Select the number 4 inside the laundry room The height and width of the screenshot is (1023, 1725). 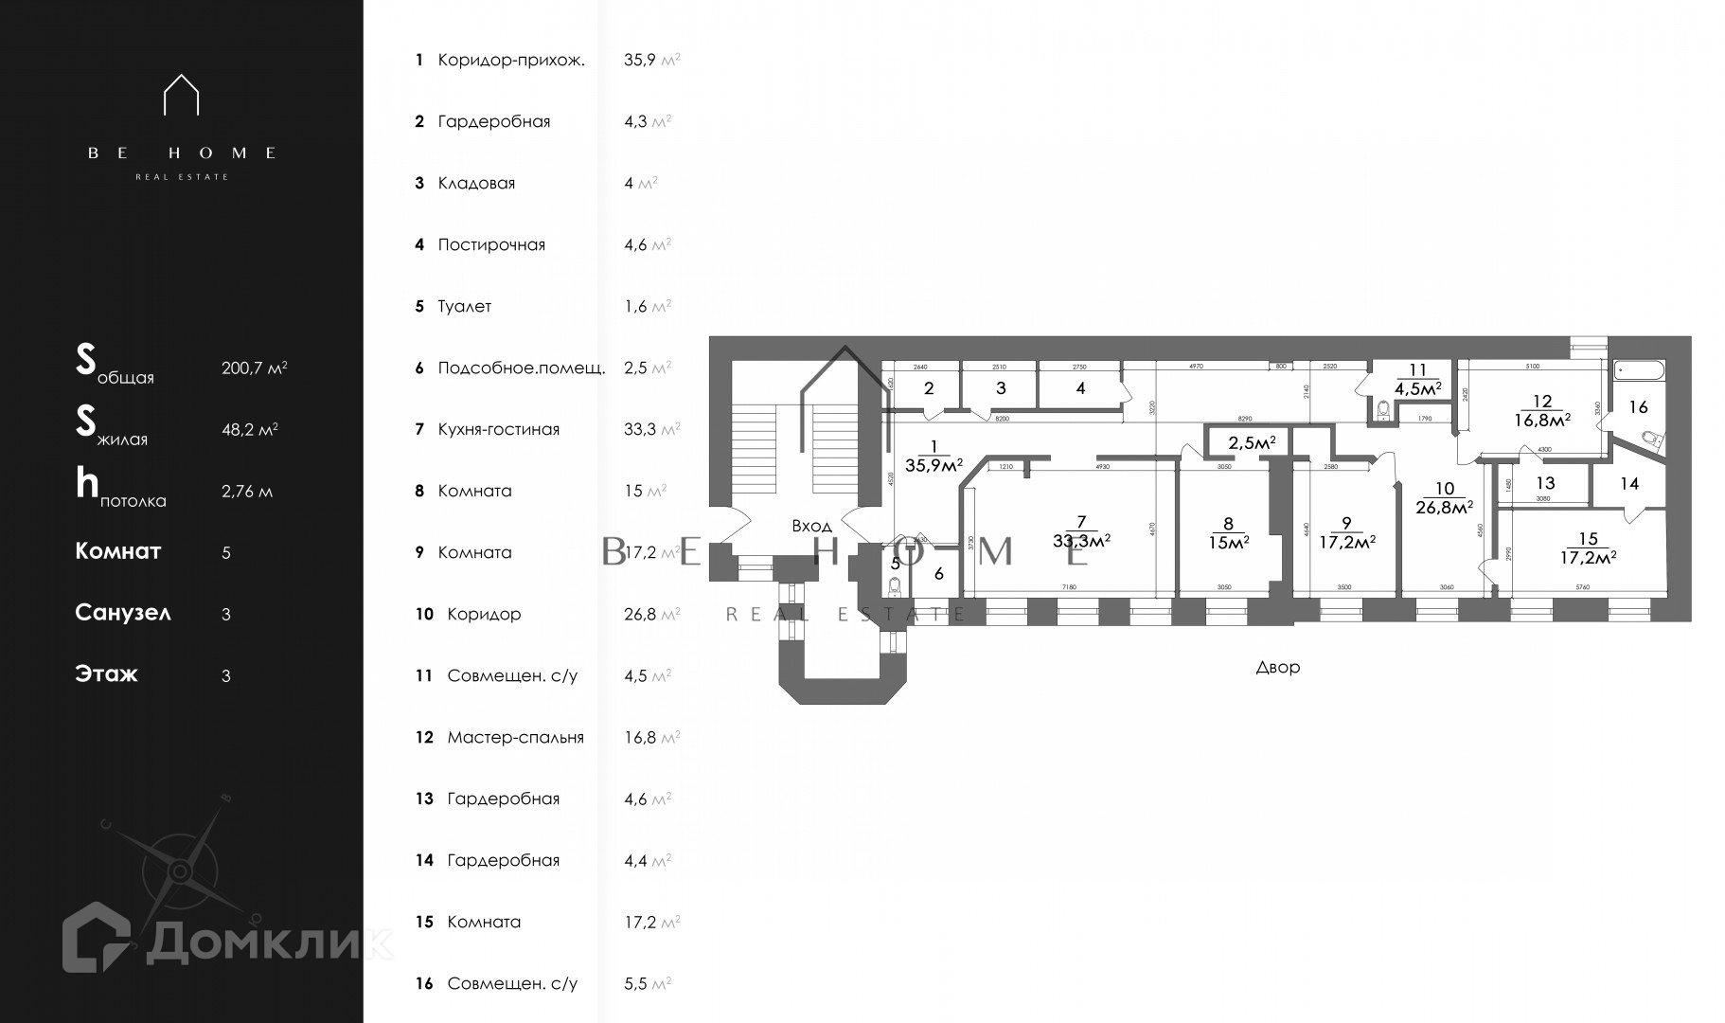1080,387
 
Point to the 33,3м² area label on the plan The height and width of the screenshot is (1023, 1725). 1081,541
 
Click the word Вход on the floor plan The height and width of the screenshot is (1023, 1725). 811,526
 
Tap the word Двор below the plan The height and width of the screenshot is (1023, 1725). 1277,667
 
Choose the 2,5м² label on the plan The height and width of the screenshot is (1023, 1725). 1252,442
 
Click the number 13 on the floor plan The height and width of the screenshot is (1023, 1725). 1545,483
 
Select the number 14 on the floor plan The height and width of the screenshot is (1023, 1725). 1628,484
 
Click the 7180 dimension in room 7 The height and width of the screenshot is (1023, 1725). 1069,588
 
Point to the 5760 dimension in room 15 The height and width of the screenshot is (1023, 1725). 1582,588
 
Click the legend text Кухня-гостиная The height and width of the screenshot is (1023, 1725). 498,429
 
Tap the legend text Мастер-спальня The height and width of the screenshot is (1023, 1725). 515,737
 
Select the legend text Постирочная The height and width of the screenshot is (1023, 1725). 491,244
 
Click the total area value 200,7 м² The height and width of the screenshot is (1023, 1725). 254,368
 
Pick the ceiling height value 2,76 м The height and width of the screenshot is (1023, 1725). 246,491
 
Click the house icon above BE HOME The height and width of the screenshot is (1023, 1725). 181,95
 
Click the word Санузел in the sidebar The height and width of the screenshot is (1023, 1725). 123,613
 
